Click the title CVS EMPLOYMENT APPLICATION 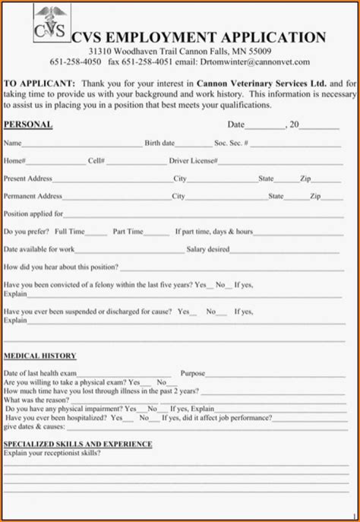[x=198, y=38]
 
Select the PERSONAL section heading [x=28, y=124]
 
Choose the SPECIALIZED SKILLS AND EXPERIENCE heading [x=78, y=444]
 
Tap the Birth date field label [x=159, y=143]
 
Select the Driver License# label [x=193, y=161]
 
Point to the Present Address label [x=28, y=179]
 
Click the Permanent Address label [x=33, y=196]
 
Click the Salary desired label [x=207, y=249]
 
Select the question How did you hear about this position [x=62, y=267]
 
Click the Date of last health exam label [x=40, y=373]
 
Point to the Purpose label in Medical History [x=193, y=373]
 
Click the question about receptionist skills [x=52, y=453]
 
